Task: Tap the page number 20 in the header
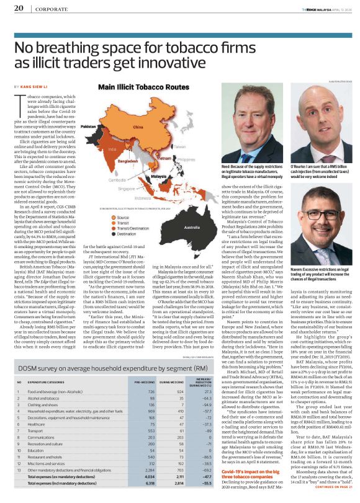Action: coord(18,9)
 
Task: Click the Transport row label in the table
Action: coord(35,413)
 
